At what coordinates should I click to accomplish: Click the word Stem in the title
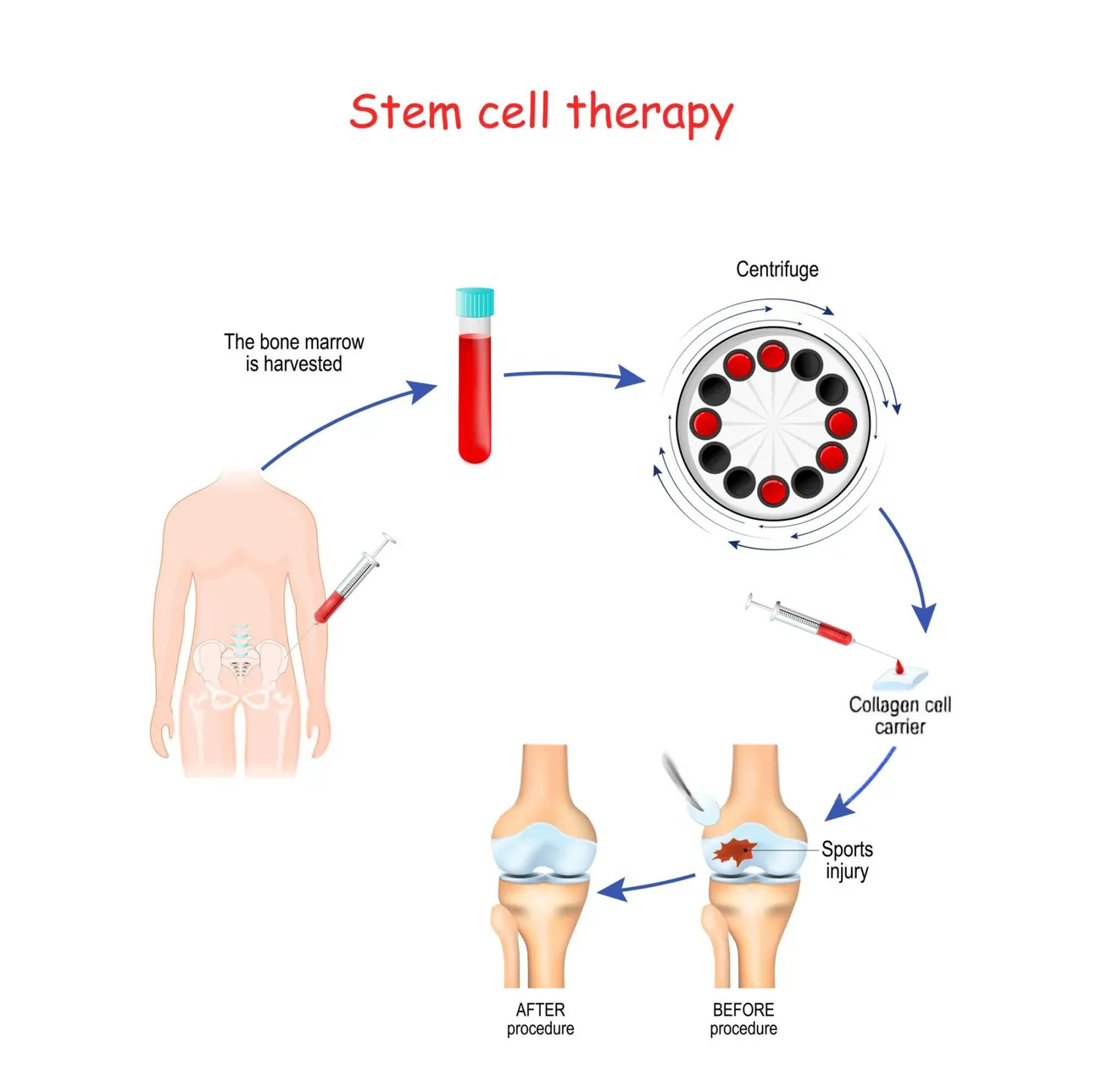point(406,112)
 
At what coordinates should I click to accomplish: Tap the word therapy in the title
point(649,114)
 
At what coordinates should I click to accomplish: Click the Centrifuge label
point(776,270)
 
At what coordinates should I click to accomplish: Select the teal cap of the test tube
point(475,302)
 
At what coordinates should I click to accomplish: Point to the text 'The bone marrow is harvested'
point(294,353)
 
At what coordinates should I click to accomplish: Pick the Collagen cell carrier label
point(899,716)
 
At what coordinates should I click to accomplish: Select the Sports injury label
point(847,860)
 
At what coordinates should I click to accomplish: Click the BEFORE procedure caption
point(743,1019)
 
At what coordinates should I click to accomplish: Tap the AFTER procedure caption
point(540,1019)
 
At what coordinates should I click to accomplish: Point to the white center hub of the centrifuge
point(772,422)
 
